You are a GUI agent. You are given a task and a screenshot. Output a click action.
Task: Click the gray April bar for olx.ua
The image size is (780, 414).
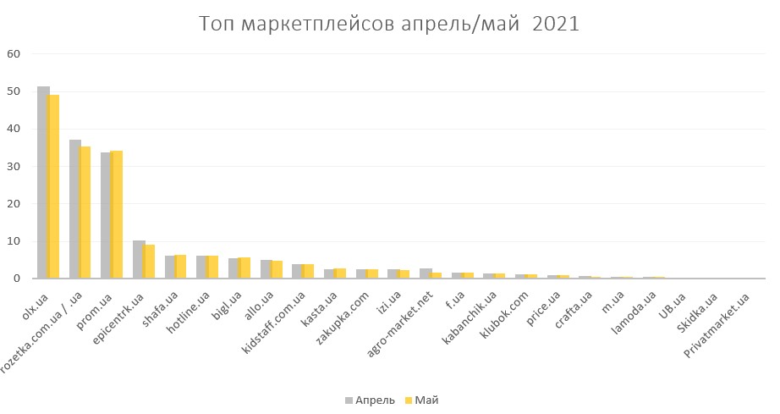click(42, 182)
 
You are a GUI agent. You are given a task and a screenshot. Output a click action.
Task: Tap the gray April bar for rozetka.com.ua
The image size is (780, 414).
click(74, 209)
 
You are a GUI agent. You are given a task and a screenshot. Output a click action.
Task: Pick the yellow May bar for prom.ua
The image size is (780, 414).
click(118, 214)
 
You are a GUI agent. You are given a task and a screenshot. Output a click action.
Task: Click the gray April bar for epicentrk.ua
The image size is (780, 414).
click(138, 259)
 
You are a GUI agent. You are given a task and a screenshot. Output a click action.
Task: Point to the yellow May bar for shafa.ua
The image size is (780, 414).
click(181, 267)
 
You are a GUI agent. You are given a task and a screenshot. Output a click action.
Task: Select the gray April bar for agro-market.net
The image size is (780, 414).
click(425, 273)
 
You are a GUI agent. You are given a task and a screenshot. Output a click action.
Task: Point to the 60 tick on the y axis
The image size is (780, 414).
click(14, 54)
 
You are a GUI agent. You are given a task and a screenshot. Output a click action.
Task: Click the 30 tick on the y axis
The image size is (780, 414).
click(14, 166)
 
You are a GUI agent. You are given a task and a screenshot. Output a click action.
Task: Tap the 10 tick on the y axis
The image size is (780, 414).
click(14, 241)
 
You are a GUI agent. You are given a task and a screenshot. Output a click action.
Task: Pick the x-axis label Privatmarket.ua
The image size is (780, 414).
click(719, 323)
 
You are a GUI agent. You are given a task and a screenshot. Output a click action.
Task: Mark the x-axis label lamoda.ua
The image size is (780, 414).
click(634, 312)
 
